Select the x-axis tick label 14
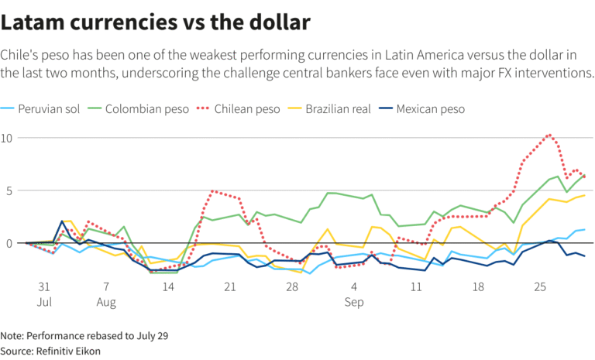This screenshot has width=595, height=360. [x=167, y=286]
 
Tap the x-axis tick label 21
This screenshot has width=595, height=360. [x=229, y=286]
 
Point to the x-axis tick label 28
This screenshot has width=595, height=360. [x=292, y=286]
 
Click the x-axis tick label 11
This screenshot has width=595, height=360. [x=417, y=286]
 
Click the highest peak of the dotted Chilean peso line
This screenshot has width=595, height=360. [x=549, y=135]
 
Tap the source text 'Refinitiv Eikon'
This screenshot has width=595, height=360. [x=67, y=351]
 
